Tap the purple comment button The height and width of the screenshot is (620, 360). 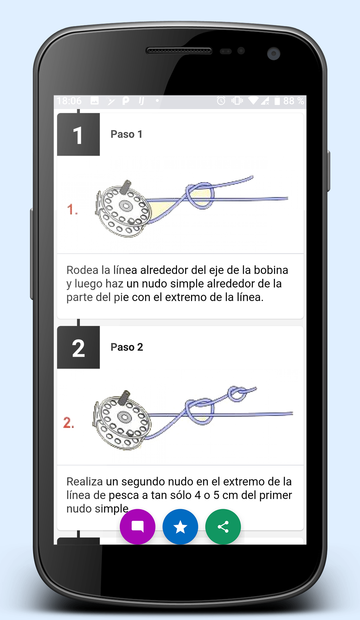point(137,527)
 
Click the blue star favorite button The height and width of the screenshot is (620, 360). point(180,527)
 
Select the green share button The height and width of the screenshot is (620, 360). point(223,527)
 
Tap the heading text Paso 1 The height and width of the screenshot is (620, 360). point(126,134)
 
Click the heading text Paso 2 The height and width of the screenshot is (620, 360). point(127,347)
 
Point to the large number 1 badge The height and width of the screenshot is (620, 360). point(78,134)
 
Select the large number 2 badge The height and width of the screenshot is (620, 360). point(78,347)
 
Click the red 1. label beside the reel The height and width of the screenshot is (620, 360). point(72,210)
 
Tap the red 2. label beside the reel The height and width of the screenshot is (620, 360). point(69,422)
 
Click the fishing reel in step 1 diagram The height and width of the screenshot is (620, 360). point(124,209)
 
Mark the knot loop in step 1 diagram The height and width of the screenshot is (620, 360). point(200,195)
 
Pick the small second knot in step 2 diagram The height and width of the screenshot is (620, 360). point(238,394)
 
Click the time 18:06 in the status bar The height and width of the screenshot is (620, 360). point(69,101)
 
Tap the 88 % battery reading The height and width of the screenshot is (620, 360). point(293,101)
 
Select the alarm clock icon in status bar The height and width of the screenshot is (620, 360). point(221,101)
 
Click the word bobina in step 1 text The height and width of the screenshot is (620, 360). point(271,270)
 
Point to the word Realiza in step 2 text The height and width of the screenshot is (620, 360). point(84,481)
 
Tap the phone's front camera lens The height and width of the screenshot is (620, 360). point(273,54)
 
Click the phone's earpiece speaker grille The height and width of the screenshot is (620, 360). point(179,51)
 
